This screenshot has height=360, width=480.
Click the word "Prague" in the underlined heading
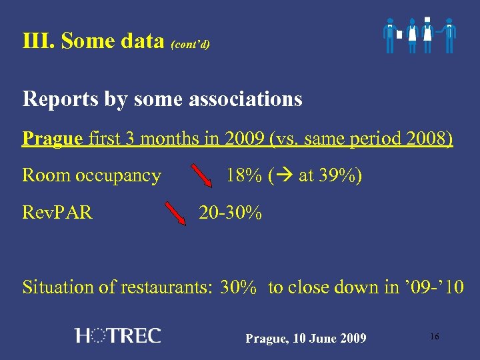(53, 139)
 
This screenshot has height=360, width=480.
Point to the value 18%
(243, 176)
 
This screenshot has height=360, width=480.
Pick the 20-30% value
(231, 213)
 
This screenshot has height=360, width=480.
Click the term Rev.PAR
(57, 213)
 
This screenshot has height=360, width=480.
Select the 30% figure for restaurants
(238, 287)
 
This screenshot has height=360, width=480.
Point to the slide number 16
(434, 337)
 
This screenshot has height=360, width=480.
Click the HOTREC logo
(118, 335)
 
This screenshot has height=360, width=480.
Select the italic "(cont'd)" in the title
(191, 45)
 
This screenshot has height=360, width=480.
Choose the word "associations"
(246, 99)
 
